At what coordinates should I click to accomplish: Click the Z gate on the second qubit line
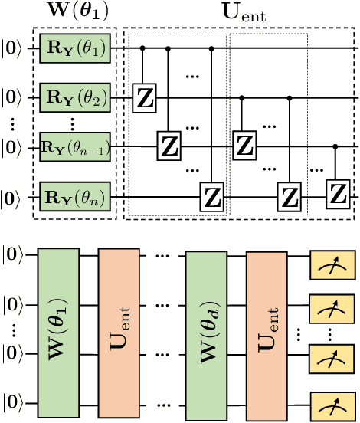pos(145,97)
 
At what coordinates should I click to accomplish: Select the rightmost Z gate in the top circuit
pos(336,193)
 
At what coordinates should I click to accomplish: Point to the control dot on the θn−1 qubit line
pos(336,145)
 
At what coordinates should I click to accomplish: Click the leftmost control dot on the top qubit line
pos(145,48)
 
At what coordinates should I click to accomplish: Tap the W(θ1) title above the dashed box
pos(75,13)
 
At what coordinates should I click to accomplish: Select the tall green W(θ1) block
pos(58,326)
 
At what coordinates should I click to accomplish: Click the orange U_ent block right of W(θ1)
pos(119,326)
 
